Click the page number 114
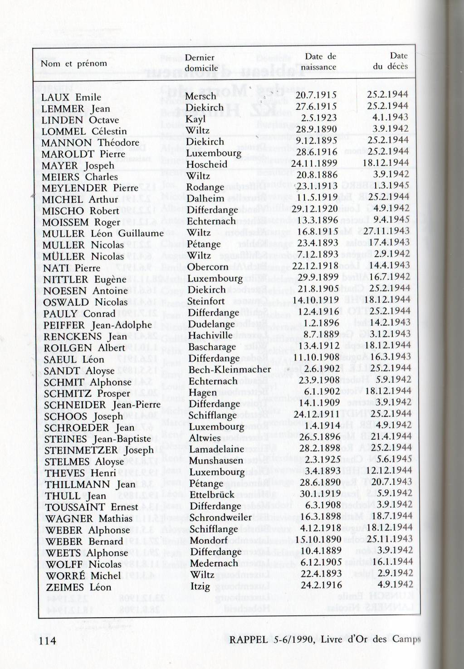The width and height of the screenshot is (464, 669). tap(48, 640)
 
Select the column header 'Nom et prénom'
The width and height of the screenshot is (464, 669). tap(74, 63)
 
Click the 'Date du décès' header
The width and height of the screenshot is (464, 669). tap(391, 61)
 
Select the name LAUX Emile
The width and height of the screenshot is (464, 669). tap(71, 98)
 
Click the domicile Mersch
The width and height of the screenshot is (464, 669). tap(201, 96)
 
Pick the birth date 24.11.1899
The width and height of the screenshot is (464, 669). tap(314, 163)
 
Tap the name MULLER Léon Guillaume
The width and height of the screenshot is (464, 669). tap(103, 234)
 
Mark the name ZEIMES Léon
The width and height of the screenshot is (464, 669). tap(78, 587)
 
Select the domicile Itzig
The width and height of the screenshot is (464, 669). tap(200, 586)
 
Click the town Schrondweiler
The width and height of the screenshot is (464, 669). tap(220, 517)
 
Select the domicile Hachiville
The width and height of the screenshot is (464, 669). tap(210, 335)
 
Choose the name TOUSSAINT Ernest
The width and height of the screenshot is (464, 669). tap(92, 507)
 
